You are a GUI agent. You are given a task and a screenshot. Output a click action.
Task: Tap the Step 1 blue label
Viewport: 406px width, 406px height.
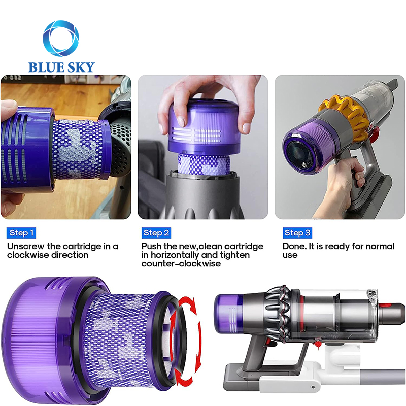[21, 233]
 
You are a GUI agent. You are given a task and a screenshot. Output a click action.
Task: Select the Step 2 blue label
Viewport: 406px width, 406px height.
[156, 233]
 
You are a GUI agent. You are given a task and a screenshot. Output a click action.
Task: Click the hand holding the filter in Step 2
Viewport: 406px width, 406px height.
[203, 96]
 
